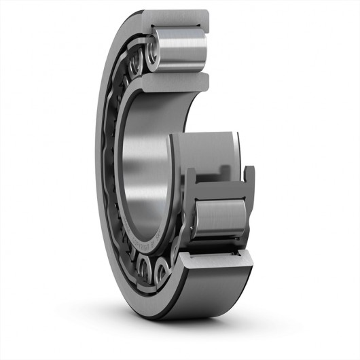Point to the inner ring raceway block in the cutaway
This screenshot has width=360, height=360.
[204, 149]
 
